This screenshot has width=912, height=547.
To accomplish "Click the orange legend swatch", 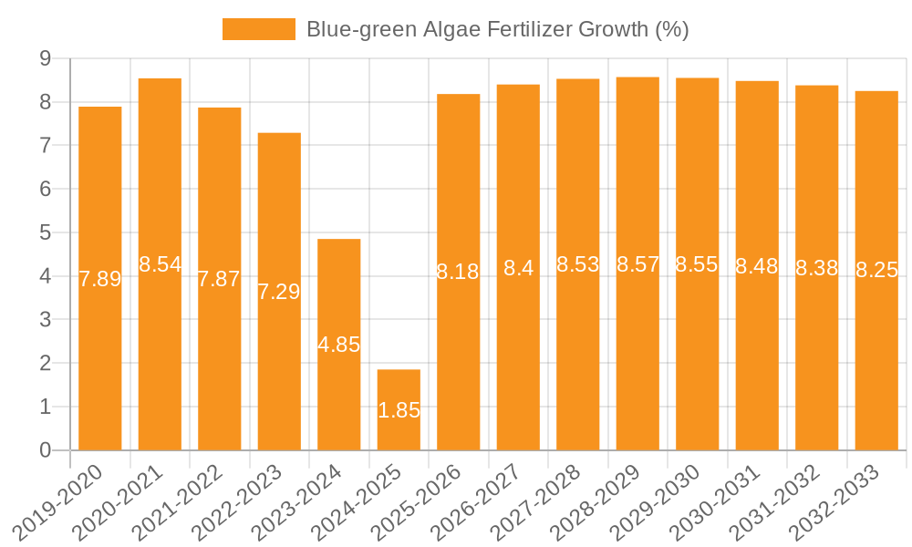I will tap(259, 29).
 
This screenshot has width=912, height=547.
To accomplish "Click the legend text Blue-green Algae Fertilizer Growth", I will tap(497, 29).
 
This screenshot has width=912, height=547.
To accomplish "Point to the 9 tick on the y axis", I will tap(45, 58).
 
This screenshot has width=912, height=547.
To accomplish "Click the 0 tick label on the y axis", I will tap(45, 450).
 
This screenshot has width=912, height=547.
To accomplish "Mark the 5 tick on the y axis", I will tap(45, 232).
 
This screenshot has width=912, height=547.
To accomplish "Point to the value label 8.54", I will tap(160, 264).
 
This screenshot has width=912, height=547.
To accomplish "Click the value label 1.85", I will tap(399, 410).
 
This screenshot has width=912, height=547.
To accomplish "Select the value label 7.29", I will tap(279, 292).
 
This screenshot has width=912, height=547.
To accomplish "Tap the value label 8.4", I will tap(518, 268).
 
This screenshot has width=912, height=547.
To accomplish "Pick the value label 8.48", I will tap(757, 266).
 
